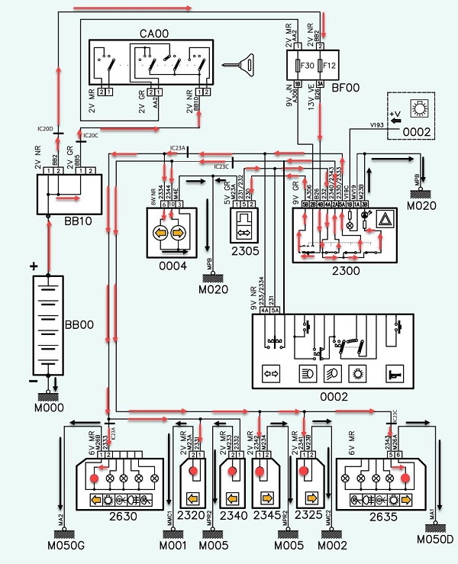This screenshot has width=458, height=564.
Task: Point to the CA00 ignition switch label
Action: pos(153,33)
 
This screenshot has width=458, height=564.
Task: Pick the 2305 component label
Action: pos(247,249)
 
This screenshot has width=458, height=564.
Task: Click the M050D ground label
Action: pos(434,539)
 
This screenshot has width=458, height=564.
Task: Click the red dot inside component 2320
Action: pos(193,472)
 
